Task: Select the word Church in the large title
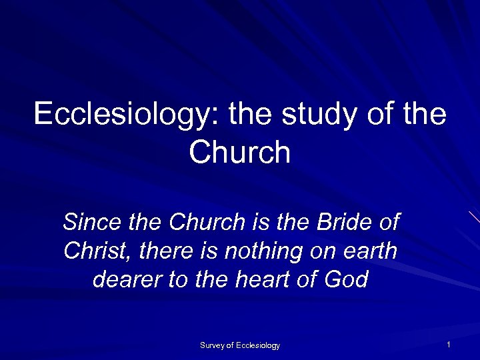[x=240, y=153]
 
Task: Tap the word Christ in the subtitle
[x=93, y=251]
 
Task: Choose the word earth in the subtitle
[x=369, y=251]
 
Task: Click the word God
[x=346, y=279]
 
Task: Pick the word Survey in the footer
[x=213, y=345]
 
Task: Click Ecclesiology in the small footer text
[x=258, y=345]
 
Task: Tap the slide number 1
[x=449, y=345]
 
